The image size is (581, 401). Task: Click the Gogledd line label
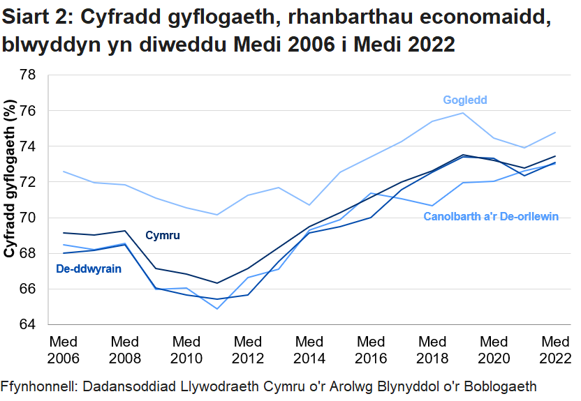tap(464, 100)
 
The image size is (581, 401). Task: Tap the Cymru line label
tap(163, 236)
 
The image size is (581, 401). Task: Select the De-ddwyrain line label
tap(89, 268)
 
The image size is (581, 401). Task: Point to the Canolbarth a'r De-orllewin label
tap(491, 216)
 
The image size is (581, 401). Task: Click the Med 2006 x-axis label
tap(63, 350)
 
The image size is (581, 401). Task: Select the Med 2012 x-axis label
tap(248, 350)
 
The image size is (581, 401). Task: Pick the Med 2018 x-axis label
tap(433, 350)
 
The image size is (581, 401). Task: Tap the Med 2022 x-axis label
tap(556, 350)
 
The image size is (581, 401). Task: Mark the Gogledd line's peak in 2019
tap(463, 113)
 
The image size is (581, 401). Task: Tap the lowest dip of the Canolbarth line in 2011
tap(217, 308)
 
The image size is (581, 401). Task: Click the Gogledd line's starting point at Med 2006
tap(64, 172)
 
